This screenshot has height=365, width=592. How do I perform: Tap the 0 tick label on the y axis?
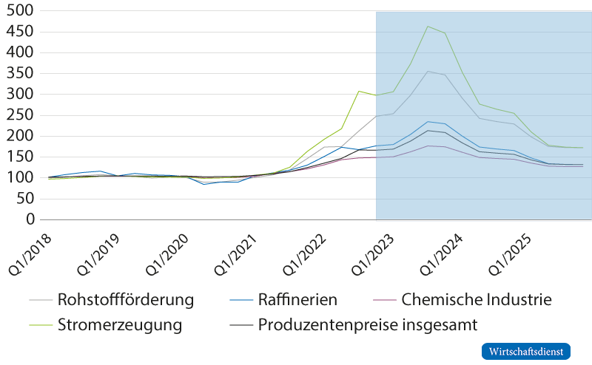pos(30,219)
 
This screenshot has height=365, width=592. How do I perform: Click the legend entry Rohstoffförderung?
pos(126,301)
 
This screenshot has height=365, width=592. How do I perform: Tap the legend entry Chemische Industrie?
pos(477,301)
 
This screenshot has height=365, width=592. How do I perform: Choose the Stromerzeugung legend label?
pos(120,324)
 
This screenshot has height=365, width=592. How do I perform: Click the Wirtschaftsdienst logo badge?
pos(526,351)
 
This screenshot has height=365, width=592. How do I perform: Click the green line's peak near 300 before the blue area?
pos(359,92)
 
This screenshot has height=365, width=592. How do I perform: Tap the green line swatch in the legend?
pos(41,324)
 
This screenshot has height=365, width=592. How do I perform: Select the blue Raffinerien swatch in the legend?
pos(238,301)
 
